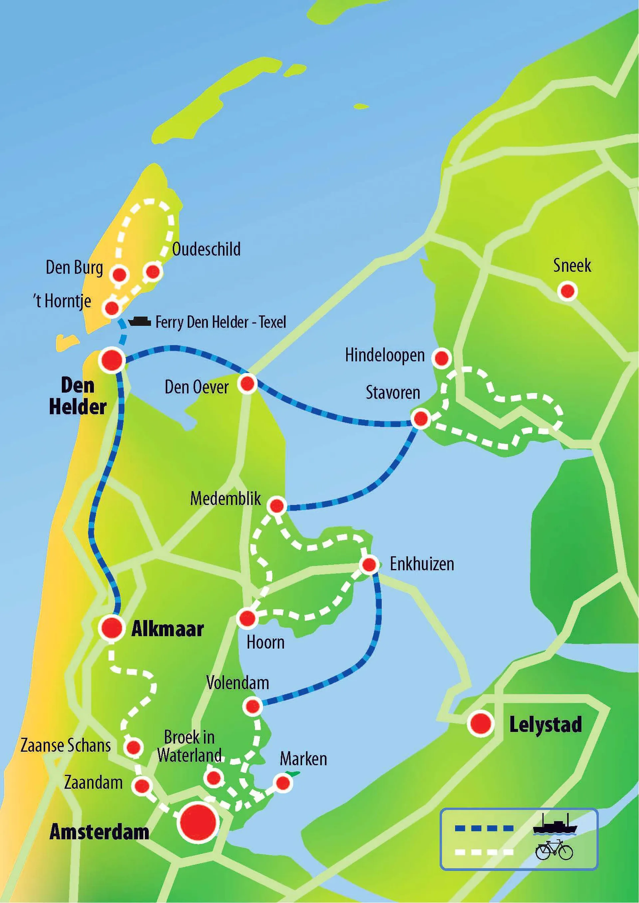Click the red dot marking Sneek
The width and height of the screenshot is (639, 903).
point(567,291)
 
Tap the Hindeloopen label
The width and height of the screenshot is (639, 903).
point(385,355)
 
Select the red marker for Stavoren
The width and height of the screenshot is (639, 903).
point(421,418)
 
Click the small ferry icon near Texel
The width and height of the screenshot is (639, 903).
point(140,321)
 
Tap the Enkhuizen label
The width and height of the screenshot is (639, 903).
point(422,564)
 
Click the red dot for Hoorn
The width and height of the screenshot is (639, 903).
point(247,618)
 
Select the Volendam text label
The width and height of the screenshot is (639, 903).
point(238,683)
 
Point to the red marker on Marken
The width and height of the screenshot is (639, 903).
point(283,783)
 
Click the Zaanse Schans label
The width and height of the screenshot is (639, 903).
point(66,746)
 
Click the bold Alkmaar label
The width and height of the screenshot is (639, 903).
point(167,629)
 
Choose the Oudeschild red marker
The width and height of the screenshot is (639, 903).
point(153,271)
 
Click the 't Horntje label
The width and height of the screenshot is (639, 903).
point(62,301)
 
